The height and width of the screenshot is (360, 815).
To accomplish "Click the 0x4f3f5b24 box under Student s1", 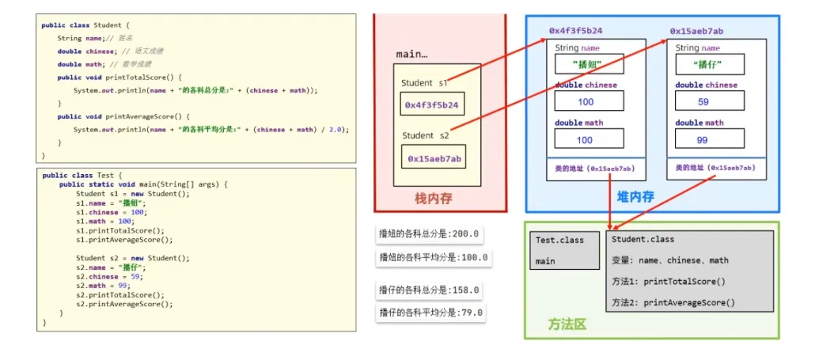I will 432,105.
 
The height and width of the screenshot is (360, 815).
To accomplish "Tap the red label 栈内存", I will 434,199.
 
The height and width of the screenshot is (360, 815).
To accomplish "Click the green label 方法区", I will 567,324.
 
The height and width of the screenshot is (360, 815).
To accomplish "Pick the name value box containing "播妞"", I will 589,65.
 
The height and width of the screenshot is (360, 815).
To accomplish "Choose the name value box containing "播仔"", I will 710,65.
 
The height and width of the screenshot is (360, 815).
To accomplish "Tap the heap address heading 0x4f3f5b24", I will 575,31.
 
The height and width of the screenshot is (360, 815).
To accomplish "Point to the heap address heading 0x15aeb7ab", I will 696,31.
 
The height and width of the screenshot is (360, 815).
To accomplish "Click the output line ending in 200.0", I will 430,235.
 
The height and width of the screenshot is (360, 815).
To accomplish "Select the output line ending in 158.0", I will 430,290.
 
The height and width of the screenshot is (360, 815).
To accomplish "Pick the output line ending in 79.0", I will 430,313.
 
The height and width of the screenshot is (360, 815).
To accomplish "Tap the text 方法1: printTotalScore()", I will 668,281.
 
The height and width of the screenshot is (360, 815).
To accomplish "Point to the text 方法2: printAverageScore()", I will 673,302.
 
